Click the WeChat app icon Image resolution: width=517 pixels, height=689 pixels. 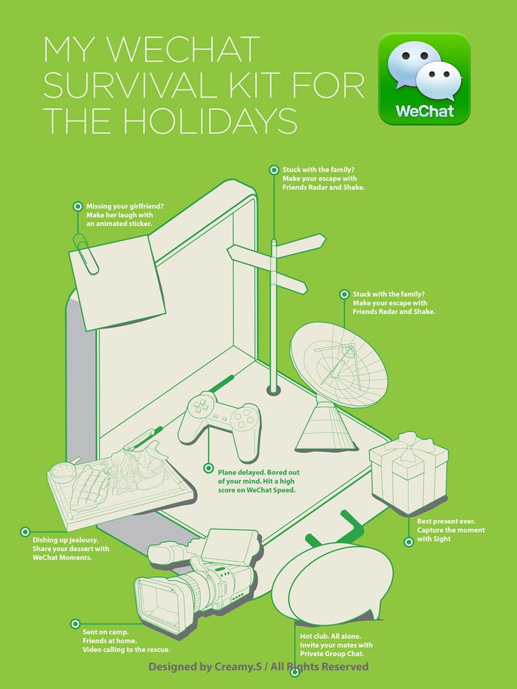coord(424,79)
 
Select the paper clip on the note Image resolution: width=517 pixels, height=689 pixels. coord(86,254)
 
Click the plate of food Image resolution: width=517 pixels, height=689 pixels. coord(119,482)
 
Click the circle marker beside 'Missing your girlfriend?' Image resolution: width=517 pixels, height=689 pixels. coord(78,206)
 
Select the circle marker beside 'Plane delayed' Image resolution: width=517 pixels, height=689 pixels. coord(208,469)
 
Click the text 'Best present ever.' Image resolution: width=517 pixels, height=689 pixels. coord(446,521)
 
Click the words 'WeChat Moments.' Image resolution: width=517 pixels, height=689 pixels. coord(62,558)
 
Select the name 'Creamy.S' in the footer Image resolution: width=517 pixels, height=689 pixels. coord(238,667)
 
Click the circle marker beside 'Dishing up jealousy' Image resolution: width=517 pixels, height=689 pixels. coord(25,532)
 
